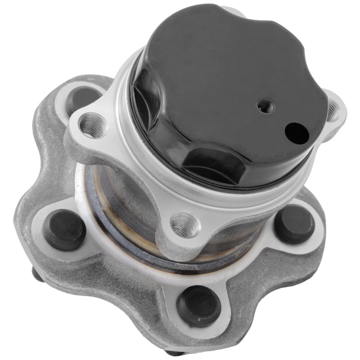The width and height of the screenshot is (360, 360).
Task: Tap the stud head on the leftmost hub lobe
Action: [x=64, y=230]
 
